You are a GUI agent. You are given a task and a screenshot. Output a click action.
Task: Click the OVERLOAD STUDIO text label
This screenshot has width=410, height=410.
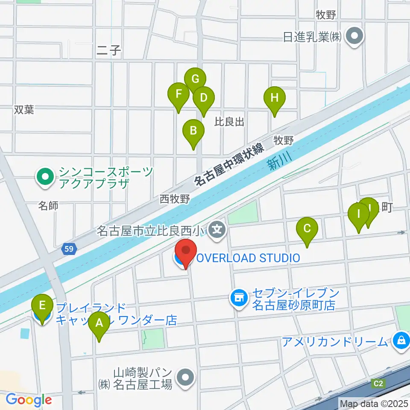point(248,258)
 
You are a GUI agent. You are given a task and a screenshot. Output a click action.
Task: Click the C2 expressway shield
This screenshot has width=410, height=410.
point(378,383)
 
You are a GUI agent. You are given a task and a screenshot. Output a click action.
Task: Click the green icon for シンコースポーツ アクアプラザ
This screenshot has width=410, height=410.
point(45,178)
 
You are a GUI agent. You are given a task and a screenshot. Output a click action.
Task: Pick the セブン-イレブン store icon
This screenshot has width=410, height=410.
point(239,298)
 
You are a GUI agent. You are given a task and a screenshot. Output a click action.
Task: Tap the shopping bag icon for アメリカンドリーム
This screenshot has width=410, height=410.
point(401,341)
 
